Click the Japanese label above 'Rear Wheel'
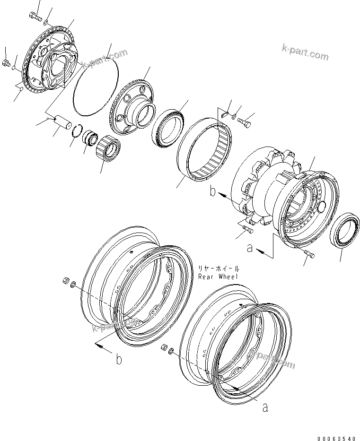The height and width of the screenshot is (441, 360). [x=219, y=268]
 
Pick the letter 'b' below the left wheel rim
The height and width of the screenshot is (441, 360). [x=119, y=360]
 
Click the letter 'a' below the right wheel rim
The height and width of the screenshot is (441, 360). [x=265, y=407]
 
